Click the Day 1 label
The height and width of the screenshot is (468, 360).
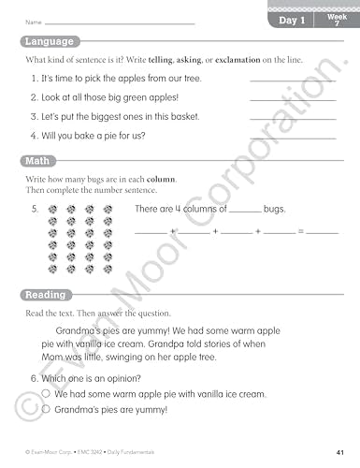pyautogui.click(x=294, y=20)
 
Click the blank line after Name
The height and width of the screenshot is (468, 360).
pyautogui.click(x=120, y=22)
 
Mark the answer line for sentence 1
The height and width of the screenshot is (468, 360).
pyautogui.click(x=293, y=81)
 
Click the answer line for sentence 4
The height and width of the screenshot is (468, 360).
pyautogui.click(x=293, y=138)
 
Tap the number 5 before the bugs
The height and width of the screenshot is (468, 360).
pyautogui.click(x=35, y=209)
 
